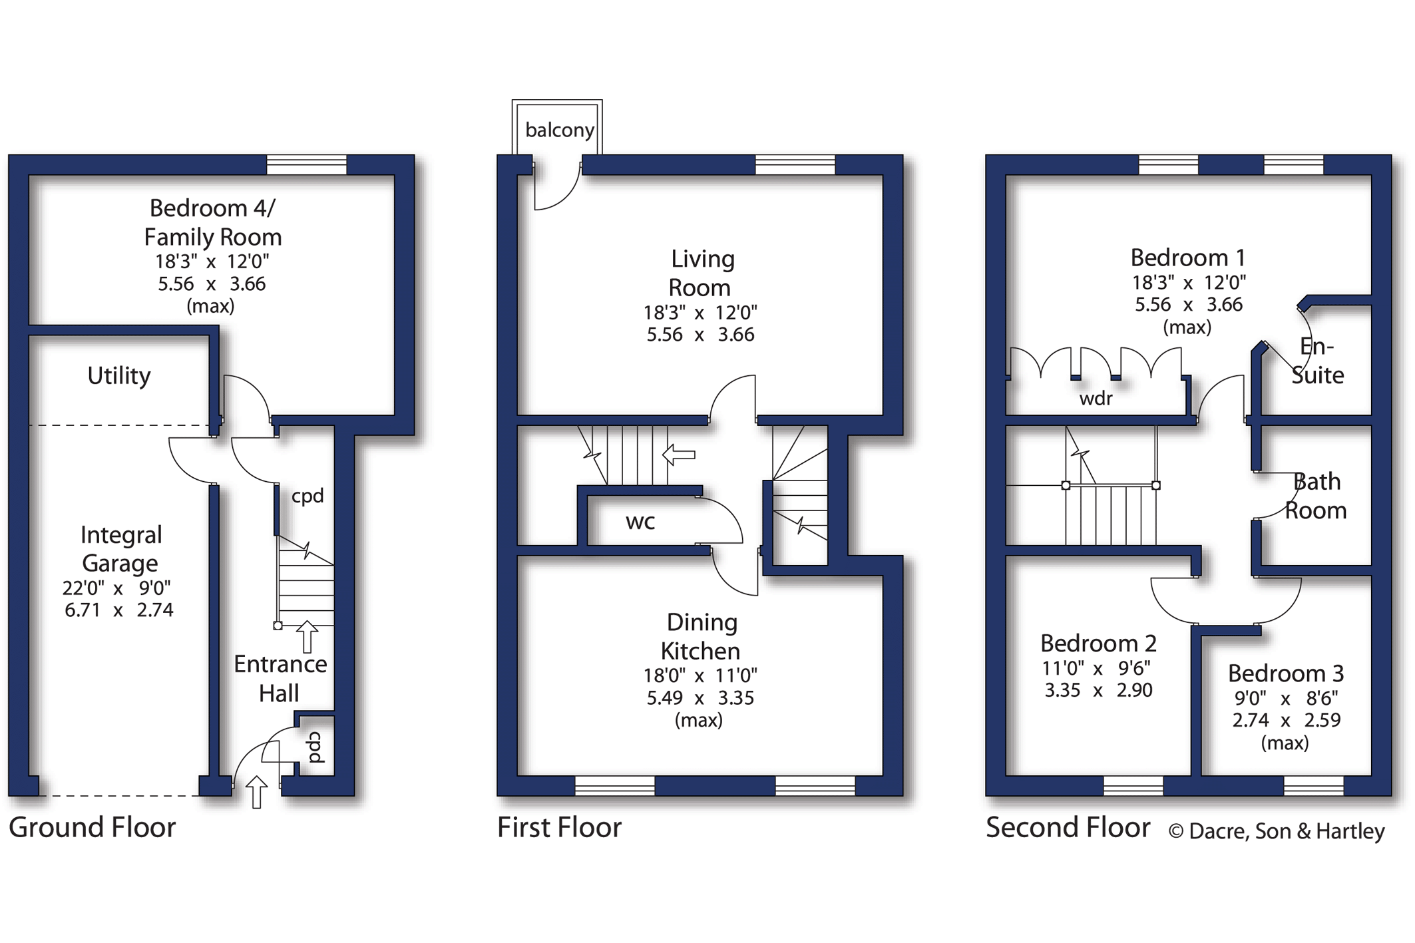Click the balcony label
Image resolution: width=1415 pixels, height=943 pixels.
pyautogui.click(x=559, y=130)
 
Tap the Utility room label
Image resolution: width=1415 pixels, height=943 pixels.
pyautogui.click(x=119, y=376)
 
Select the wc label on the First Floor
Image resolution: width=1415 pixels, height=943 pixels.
pyautogui.click(x=640, y=522)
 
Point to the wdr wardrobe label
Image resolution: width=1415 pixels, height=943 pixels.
pyautogui.click(x=1096, y=398)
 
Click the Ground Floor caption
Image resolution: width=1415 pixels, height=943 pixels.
pyautogui.click(x=92, y=827)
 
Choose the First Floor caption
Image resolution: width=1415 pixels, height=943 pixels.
pyautogui.click(x=559, y=827)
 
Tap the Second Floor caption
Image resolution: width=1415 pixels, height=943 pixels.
pyautogui.click(x=1068, y=827)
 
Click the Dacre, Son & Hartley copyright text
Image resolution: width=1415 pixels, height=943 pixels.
pyautogui.click(x=1277, y=831)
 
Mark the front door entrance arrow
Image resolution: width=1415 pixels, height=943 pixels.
pyautogui.click(x=256, y=792)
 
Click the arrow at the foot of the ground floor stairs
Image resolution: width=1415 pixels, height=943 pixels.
pyautogui.click(x=307, y=637)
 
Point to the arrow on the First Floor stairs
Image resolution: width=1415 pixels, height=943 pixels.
pyautogui.click(x=679, y=455)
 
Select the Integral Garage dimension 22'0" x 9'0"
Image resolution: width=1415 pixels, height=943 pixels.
pyautogui.click(x=116, y=588)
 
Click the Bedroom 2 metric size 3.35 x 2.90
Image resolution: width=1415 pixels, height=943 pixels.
pyautogui.click(x=1098, y=690)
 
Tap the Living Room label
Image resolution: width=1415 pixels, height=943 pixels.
pyautogui.click(x=702, y=273)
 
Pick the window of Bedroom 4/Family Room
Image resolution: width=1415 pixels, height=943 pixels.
pyautogui.click(x=307, y=164)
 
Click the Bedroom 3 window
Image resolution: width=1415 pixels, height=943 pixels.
pyautogui.click(x=1313, y=786)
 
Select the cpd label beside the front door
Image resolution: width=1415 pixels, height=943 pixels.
pyautogui.click(x=315, y=747)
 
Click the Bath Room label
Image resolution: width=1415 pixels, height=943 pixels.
pyautogui.click(x=1316, y=496)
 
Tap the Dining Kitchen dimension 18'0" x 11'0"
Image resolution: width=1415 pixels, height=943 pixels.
pyautogui.click(x=700, y=675)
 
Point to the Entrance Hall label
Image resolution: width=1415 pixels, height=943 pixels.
pyautogui.click(x=280, y=679)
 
